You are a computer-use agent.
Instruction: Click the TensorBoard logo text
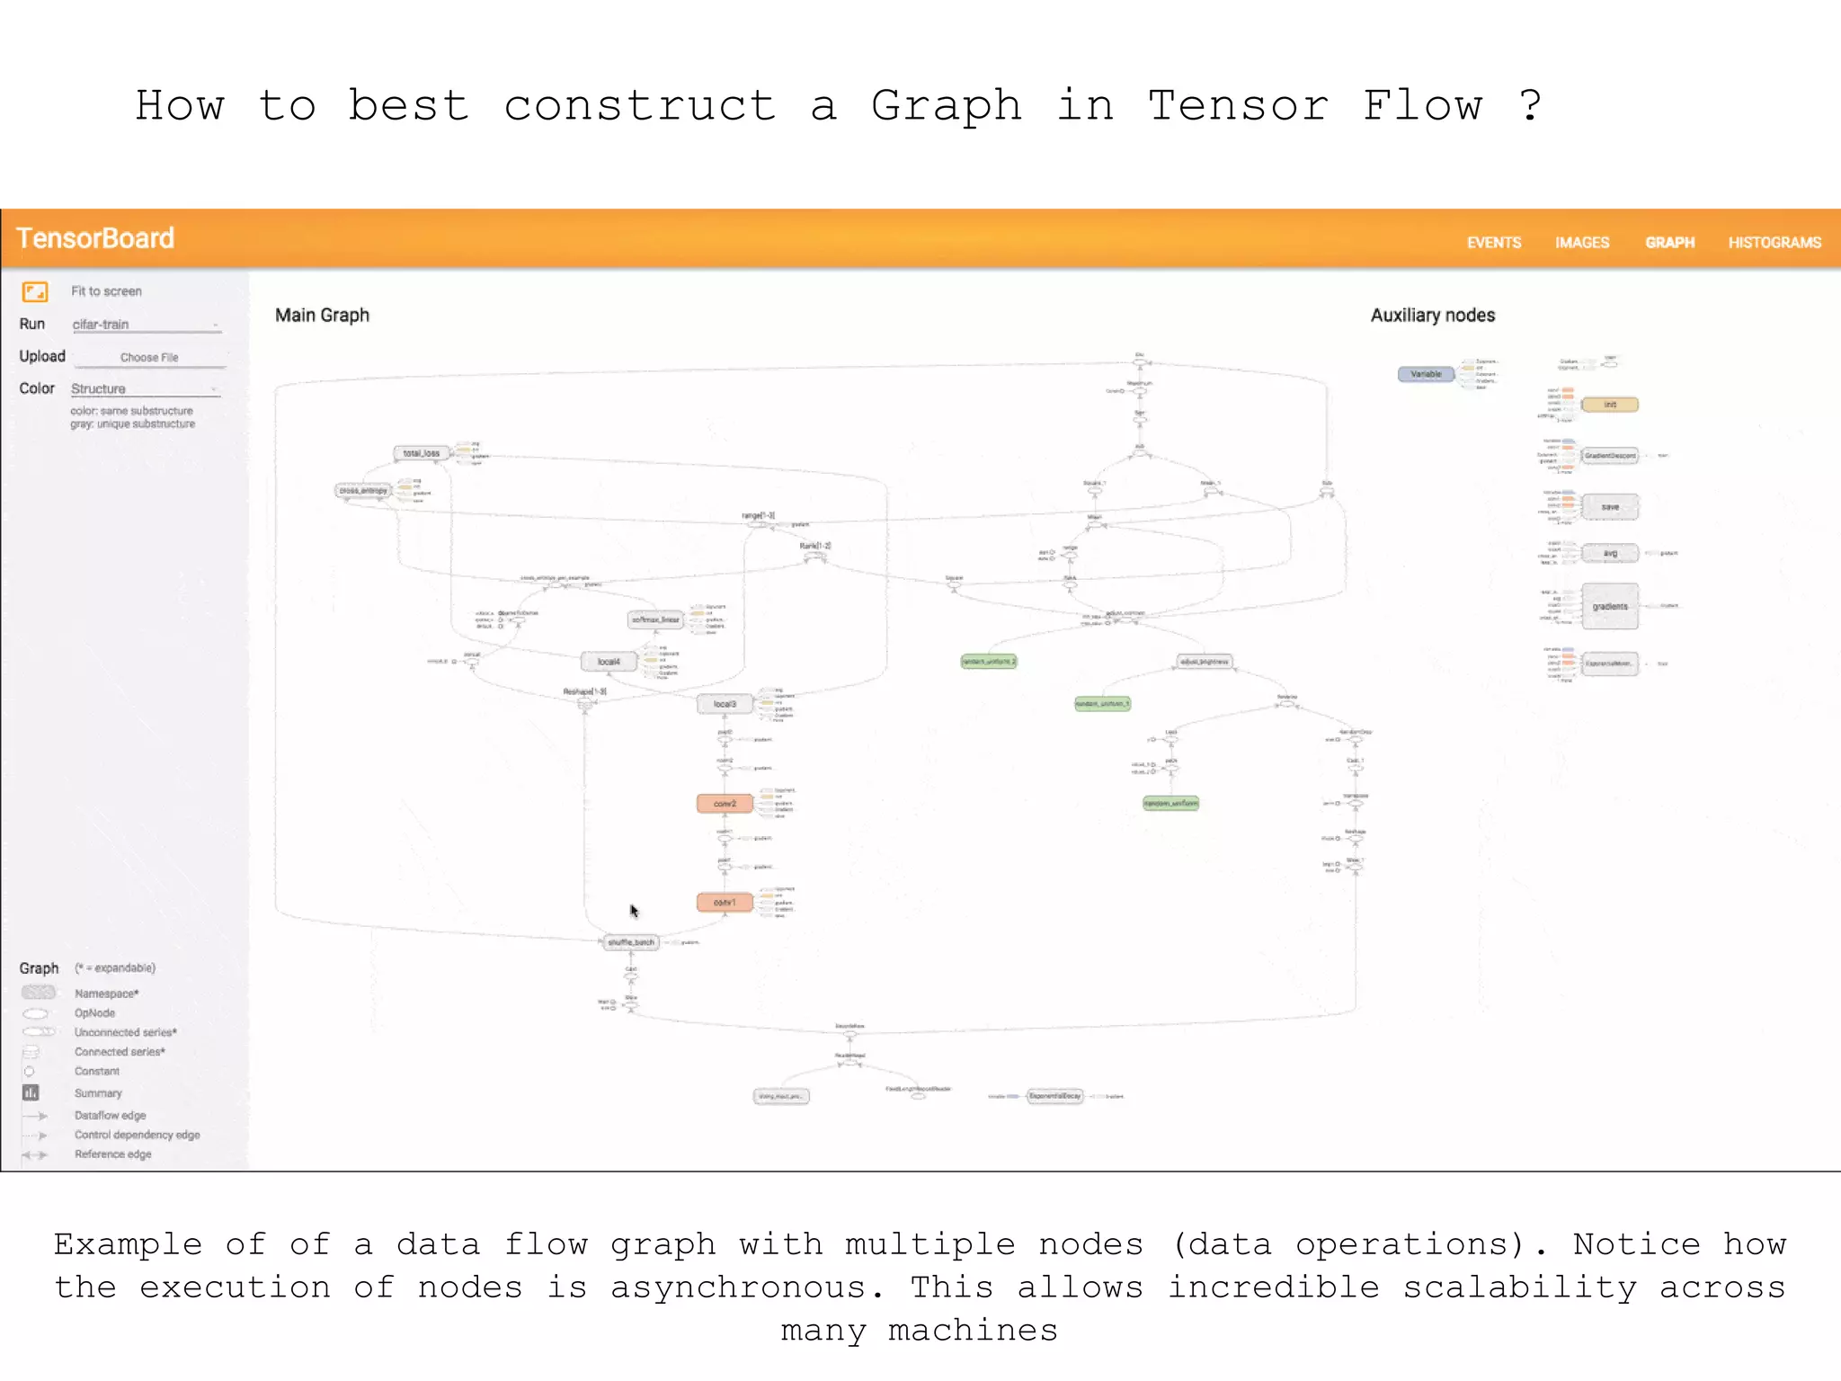coord(95,238)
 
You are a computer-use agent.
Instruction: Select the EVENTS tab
coord(1493,243)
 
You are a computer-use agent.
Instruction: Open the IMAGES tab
coord(1581,243)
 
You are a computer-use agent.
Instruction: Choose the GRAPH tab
coord(1669,243)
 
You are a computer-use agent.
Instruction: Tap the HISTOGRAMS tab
coord(1774,243)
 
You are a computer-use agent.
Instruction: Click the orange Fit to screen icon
coord(35,291)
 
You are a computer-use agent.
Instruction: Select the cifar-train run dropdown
coord(146,325)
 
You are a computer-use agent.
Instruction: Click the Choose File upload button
coord(149,358)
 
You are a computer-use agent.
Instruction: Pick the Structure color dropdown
coord(145,389)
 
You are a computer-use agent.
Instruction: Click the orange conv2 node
coord(725,804)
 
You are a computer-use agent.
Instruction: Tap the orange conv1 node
coord(725,902)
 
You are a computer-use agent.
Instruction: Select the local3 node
coord(725,704)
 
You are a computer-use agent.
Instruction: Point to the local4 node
coord(609,662)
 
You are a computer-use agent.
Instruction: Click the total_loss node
coord(421,453)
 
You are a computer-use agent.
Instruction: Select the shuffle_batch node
coord(631,942)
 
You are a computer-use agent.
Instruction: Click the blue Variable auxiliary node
coord(1426,374)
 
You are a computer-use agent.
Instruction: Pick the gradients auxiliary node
coord(1609,607)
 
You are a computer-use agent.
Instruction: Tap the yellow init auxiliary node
coord(1609,405)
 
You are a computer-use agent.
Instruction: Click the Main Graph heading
coord(322,316)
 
